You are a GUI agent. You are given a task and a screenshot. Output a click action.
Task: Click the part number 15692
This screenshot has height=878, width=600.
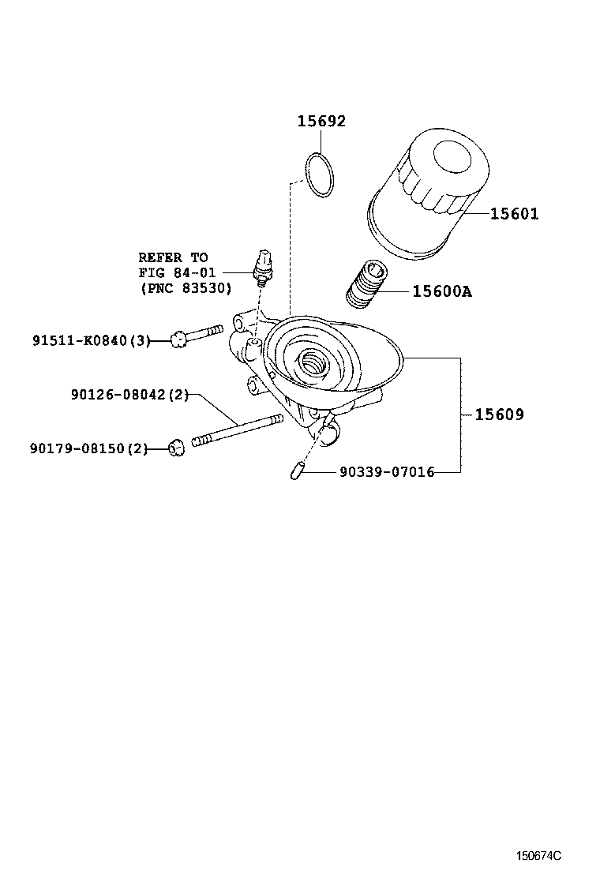click(321, 122)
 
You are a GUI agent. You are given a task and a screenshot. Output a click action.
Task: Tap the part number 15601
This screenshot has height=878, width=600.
click(514, 214)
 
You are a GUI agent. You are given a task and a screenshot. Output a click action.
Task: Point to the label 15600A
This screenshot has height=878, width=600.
click(442, 291)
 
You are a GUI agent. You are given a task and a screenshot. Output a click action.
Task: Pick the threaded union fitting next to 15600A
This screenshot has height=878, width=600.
click(368, 284)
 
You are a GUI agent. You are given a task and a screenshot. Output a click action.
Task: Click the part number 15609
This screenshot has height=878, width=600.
click(499, 415)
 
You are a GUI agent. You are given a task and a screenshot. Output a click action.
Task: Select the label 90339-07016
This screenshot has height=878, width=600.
click(387, 472)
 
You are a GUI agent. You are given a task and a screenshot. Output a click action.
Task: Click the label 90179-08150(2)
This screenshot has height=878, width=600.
click(89, 448)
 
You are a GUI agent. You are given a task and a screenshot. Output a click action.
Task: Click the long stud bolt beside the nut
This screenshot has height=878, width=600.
click(237, 431)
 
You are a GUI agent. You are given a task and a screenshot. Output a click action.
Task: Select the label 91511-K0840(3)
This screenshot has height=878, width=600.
click(92, 340)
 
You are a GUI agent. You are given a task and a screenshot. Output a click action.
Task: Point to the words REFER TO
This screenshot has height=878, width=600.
click(173, 257)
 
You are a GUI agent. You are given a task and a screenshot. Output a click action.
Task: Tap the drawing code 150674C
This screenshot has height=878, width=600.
click(539, 855)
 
